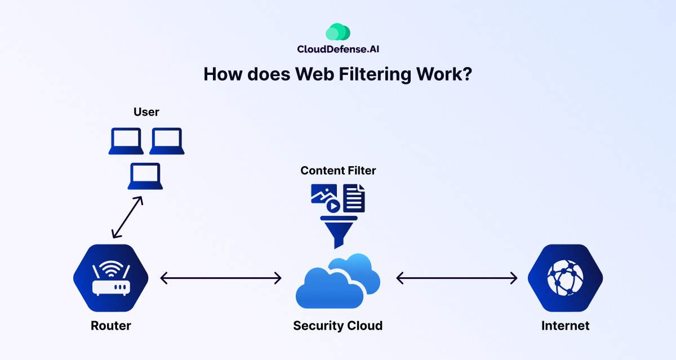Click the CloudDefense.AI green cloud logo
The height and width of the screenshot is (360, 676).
339,32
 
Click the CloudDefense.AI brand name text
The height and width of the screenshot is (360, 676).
339,49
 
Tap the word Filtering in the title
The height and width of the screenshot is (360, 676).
370,74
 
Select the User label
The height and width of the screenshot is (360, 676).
146,112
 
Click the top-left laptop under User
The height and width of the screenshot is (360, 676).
126,141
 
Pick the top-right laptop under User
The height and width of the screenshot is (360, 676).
167,141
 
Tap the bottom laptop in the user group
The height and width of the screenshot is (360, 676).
145,176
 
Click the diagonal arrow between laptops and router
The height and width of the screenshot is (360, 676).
127,217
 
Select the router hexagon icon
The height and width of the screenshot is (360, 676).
111,278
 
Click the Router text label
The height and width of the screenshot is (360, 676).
111,326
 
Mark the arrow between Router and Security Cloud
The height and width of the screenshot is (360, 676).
221,278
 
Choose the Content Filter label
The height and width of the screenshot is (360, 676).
338,170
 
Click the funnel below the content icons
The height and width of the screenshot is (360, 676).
339,232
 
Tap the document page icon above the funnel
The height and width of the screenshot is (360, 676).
354,198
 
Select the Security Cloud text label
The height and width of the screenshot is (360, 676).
338,326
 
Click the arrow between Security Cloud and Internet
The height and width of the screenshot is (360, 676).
457,278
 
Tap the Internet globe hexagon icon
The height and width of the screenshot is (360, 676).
565,278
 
